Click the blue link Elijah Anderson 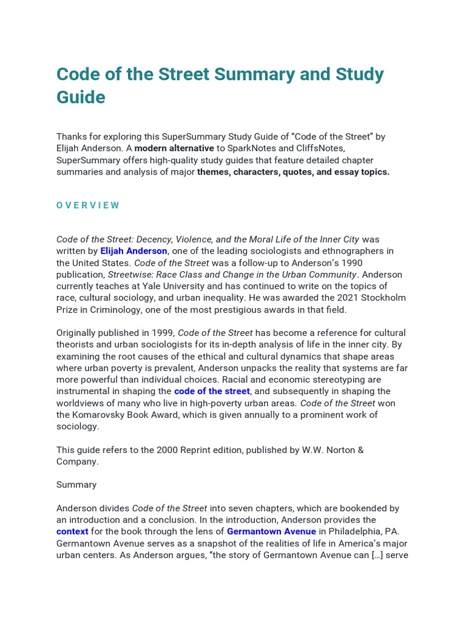point(133,251)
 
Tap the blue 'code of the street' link point(212,391)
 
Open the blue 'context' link point(72,531)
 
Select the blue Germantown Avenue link point(271,531)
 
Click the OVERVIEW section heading point(88,205)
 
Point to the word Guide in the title point(81,97)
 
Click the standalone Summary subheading point(76,485)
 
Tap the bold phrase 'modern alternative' point(174,149)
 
